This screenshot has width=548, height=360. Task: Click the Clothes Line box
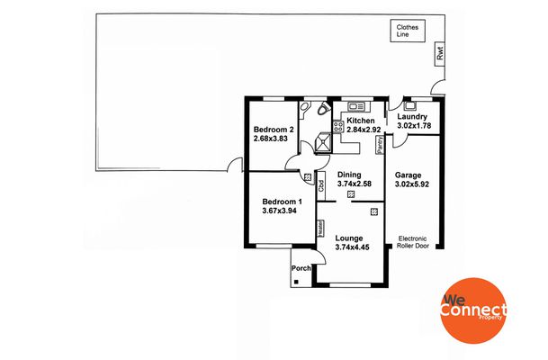point(408,31)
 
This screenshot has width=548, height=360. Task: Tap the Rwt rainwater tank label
point(440,54)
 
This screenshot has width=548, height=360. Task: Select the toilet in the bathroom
point(324,108)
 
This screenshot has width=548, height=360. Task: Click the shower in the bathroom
point(323,142)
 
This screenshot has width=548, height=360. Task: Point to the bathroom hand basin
point(303,106)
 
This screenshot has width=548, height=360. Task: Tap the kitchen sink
point(356,106)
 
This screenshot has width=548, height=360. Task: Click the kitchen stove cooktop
point(338,126)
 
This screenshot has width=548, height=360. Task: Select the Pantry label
point(380,145)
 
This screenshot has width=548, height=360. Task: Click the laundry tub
point(409,106)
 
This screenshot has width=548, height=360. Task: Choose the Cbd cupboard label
point(321,185)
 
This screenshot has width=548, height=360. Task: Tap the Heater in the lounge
point(320,228)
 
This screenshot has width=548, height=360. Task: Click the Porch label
point(301,268)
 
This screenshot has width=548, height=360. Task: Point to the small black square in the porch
point(296,282)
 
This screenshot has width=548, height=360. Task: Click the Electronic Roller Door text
point(413,242)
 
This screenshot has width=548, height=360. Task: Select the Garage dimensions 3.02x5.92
point(412,184)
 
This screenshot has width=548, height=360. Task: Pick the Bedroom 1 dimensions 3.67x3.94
point(279,211)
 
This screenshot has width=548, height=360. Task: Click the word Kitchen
point(360,121)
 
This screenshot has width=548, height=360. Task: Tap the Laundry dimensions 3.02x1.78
point(414,126)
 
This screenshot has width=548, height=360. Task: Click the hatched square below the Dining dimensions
point(351,194)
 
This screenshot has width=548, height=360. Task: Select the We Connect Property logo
point(473,310)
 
